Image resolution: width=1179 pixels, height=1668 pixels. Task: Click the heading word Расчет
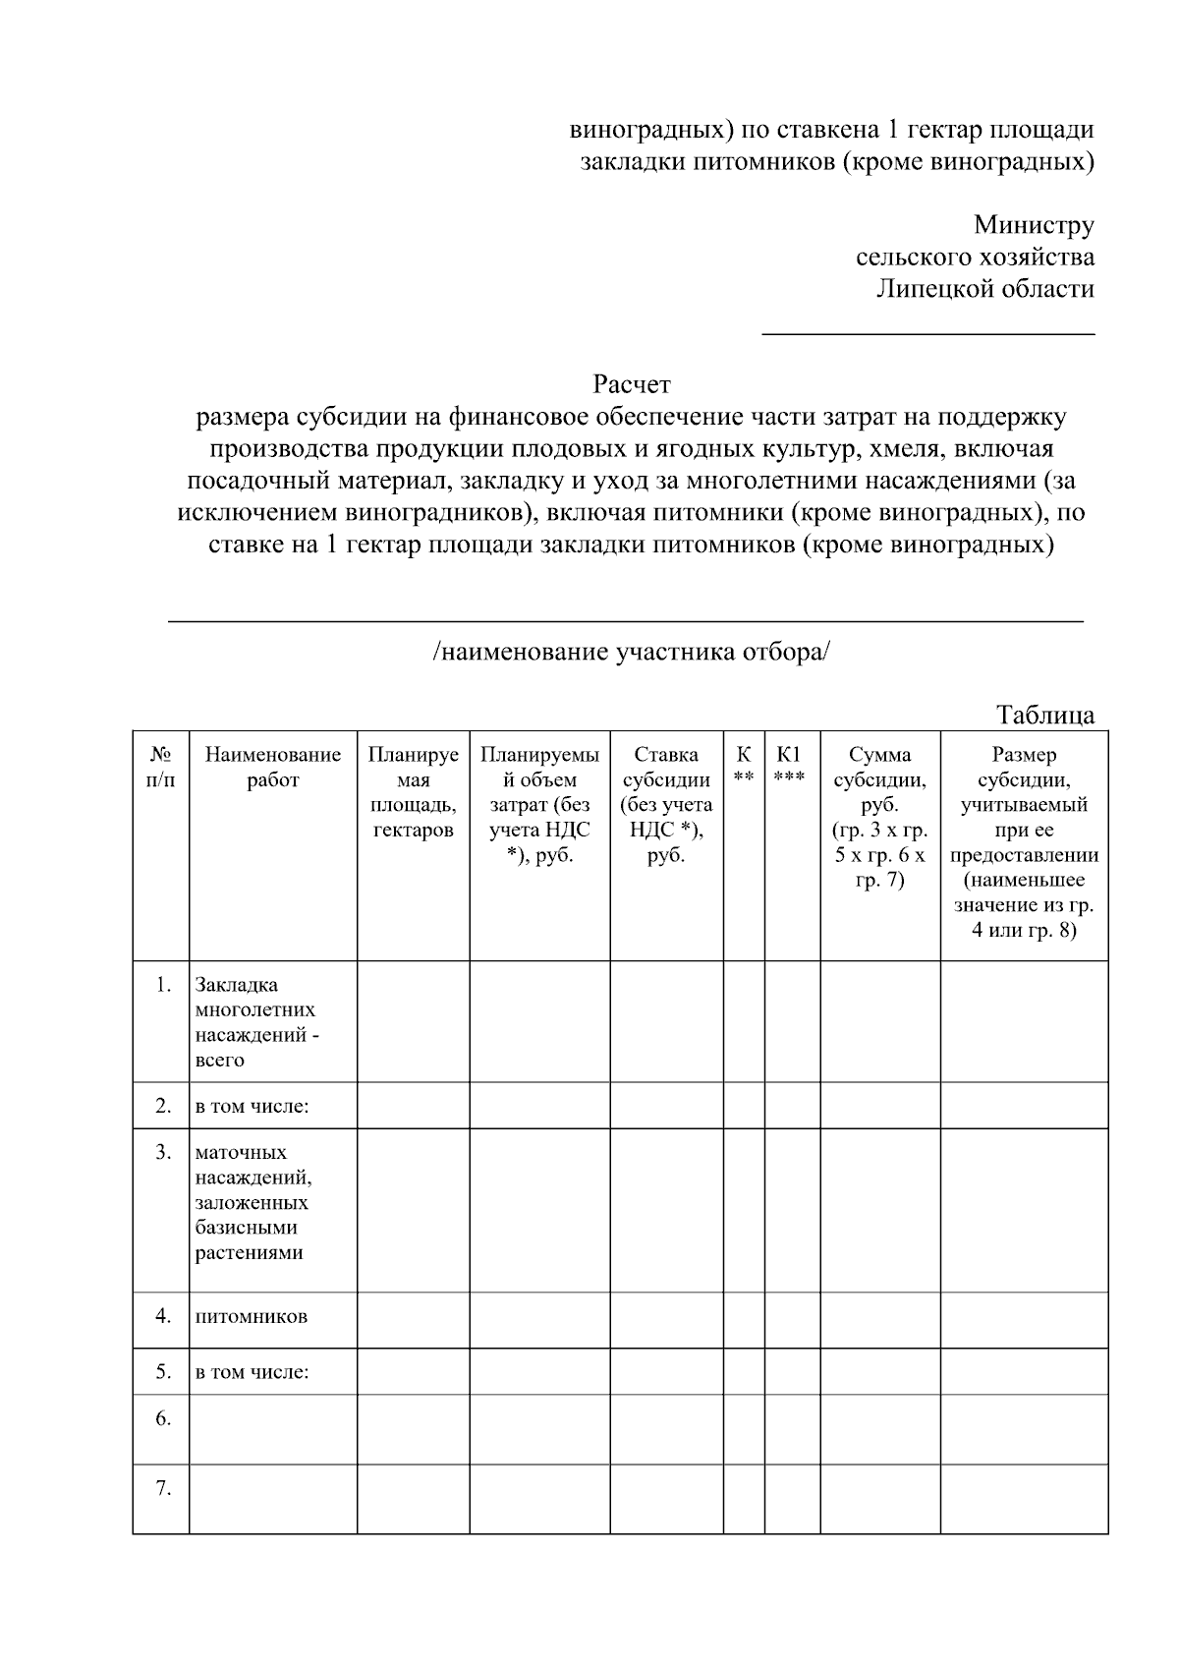pyautogui.click(x=631, y=383)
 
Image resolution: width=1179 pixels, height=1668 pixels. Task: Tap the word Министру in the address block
pyautogui.click(x=1034, y=225)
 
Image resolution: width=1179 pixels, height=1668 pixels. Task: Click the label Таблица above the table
pyautogui.click(x=1045, y=715)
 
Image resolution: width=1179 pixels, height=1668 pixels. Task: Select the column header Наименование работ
pyautogui.click(x=273, y=768)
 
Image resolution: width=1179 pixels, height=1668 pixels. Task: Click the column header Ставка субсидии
pyautogui.click(x=666, y=805)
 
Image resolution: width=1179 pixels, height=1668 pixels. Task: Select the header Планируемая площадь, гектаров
pyautogui.click(x=413, y=792)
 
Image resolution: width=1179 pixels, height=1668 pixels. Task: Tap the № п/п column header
pyautogui.click(x=161, y=768)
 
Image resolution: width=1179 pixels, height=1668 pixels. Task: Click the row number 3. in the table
pyautogui.click(x=163, y=1151)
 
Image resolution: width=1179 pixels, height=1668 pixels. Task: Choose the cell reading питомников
pyautogui.click(x=252, y=1316)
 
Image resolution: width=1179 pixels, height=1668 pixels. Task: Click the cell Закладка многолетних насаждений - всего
pyautogui.click(x=257, y=1022)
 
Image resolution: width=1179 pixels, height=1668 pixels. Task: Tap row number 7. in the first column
pyautogui.click(x=163, y=1488)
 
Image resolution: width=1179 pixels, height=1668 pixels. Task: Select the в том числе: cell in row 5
pyautogui.click(x=253, y=1372)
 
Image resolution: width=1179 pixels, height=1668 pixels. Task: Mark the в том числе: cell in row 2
pyautogui.click(x=253, y=1107)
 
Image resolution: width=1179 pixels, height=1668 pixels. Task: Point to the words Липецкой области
pyautogui.click(x=984, y=289)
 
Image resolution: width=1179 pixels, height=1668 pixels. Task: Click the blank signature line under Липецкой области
pyautogui.click(x=928, y=334)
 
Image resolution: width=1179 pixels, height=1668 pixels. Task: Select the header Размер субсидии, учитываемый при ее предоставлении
pyautogui.click(x=1024, y=842)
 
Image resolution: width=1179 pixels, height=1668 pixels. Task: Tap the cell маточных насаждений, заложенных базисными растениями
pyautogui.click(x=254, y=1202)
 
